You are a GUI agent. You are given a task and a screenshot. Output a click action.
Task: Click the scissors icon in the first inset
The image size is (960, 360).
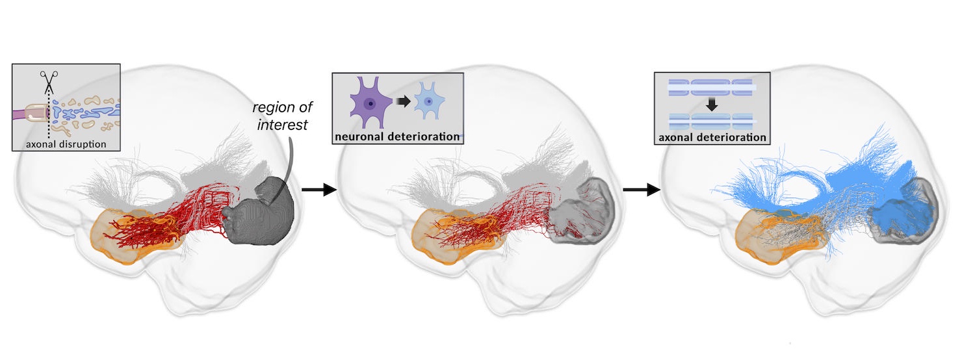click(49, 83)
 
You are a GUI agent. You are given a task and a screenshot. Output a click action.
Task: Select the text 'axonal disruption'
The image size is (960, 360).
click(67, 143)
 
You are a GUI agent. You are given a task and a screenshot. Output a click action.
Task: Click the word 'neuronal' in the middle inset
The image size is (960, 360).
click(360, 137)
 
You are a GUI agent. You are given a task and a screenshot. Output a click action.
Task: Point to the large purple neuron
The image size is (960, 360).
click(370, 103)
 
